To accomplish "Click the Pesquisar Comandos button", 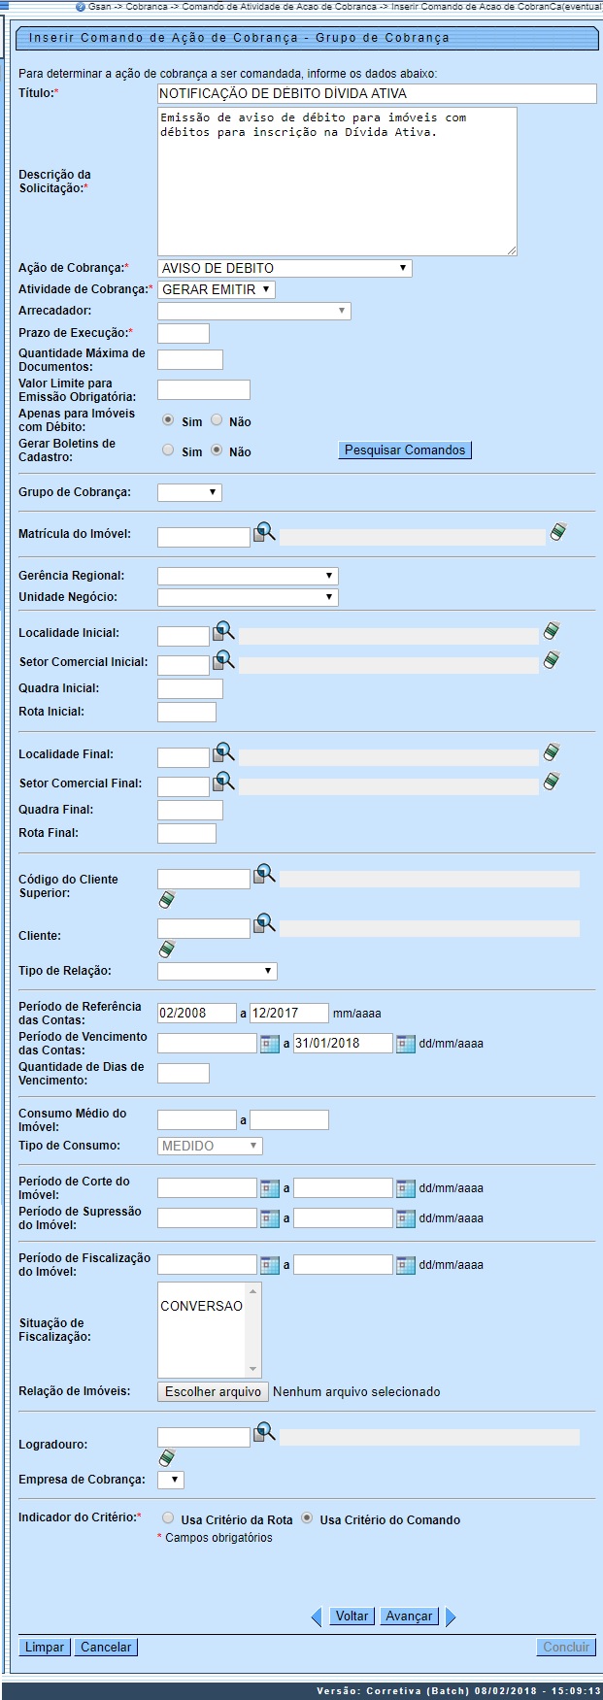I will coord(405,450).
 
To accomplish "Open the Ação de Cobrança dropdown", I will coord(284,269).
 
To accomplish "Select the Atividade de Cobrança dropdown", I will coord(217,289).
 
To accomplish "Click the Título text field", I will coord(376,93).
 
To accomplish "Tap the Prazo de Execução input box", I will coord(183,333).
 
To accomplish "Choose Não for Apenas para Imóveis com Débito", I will coord(217,420).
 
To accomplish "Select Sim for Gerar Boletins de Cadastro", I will coord(168,450).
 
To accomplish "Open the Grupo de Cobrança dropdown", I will coord(189,492).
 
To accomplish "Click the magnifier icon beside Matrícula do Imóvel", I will coord(264,532).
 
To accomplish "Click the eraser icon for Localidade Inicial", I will coord(552,631).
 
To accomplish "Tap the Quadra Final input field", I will coord(189,810).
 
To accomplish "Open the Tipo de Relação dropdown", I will coord(217,971).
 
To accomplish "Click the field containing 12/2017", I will coord(288,1013).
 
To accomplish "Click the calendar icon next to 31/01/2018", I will coord(405,1044).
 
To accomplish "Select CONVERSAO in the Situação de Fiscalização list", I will coord(202,1306).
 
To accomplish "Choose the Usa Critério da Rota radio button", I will coord(168,1517).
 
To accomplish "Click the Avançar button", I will coord(409,1617).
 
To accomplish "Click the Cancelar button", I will coord(106,1647).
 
